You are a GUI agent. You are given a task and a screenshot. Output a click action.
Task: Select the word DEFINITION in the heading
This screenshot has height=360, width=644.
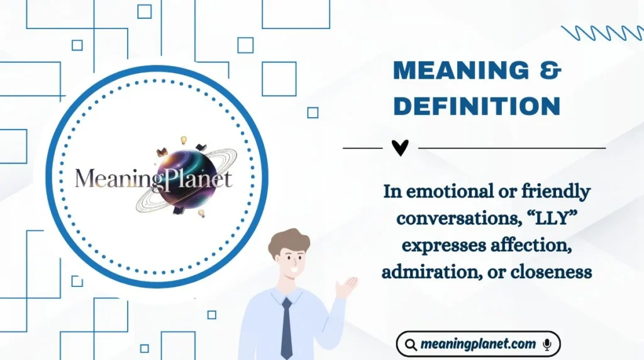pos(477,106)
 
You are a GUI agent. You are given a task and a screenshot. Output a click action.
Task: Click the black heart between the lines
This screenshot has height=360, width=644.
pos(400,148)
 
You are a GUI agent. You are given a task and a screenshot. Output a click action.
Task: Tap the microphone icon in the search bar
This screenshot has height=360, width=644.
pos(547,344)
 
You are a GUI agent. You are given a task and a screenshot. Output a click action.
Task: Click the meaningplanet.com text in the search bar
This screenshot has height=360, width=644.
pos(478,344)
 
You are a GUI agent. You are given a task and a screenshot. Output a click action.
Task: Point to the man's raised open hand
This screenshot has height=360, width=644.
pos(347,286)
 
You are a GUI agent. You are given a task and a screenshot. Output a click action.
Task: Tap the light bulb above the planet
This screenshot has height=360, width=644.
pos(184,140)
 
